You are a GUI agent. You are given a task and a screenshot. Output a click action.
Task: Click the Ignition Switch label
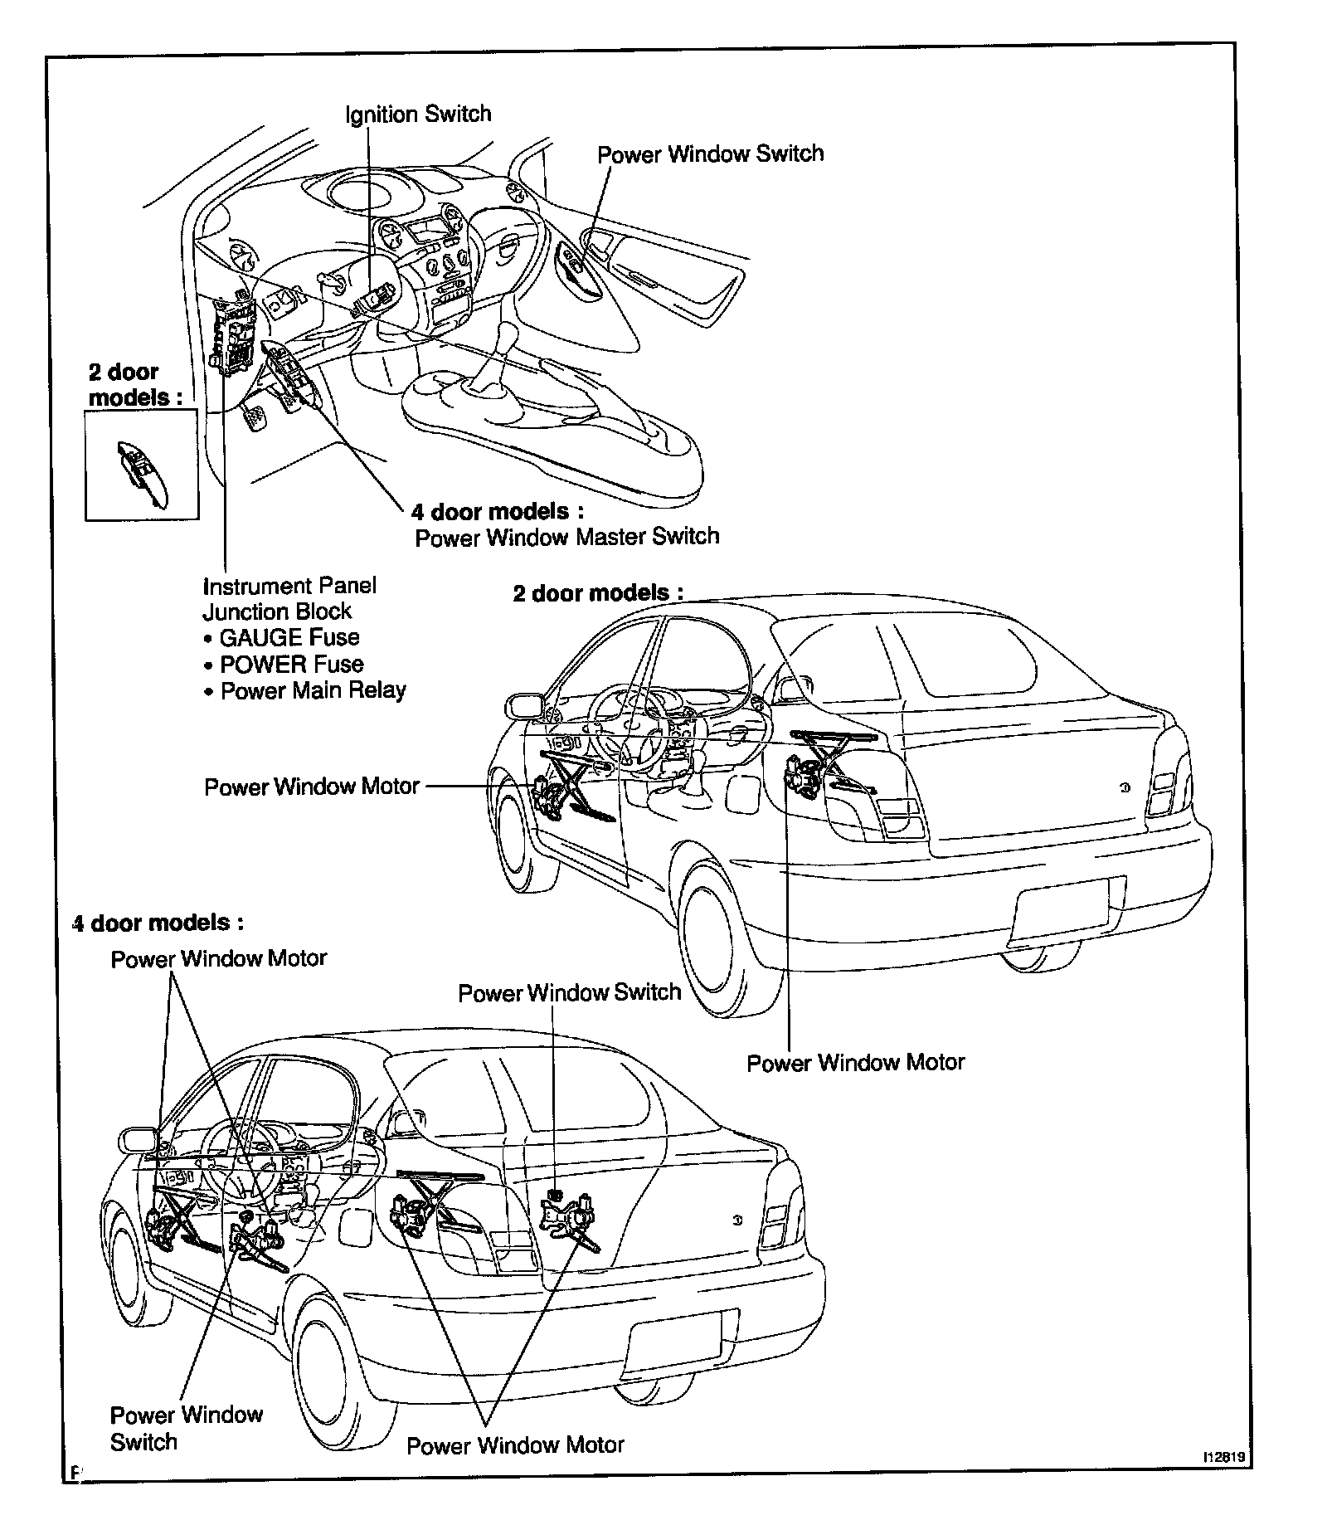coord(418,114)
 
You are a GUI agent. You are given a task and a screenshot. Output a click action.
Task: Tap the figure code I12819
coord(1227,1479)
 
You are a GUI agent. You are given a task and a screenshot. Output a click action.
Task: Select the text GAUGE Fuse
coord(289,637)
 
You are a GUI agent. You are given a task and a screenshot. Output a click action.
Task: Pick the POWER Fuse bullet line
coord(291,664)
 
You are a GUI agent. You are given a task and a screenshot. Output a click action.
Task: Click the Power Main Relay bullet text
coord(313,690)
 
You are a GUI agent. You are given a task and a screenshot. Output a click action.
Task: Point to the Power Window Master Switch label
coord(566,537)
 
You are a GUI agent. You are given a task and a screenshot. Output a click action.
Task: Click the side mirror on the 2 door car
coord(524,706)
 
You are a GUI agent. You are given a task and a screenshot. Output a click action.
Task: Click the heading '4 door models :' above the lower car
coord(158,923)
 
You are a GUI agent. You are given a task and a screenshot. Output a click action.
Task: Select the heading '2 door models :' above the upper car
coord(598,593)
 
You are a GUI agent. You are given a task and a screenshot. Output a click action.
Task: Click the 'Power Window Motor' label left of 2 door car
coord(312,786)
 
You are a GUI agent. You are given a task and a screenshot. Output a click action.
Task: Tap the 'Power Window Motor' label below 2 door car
coord(856,1062)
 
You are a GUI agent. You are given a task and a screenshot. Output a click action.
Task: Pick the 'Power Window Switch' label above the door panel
coord(711,153)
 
